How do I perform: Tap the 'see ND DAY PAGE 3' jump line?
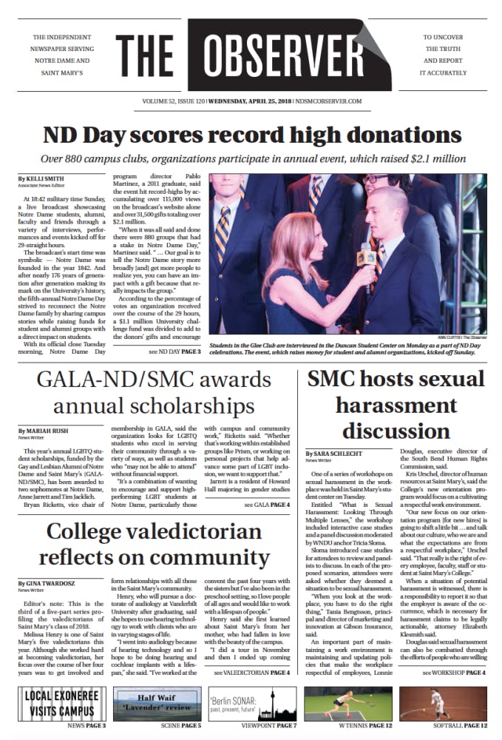(174, 351)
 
